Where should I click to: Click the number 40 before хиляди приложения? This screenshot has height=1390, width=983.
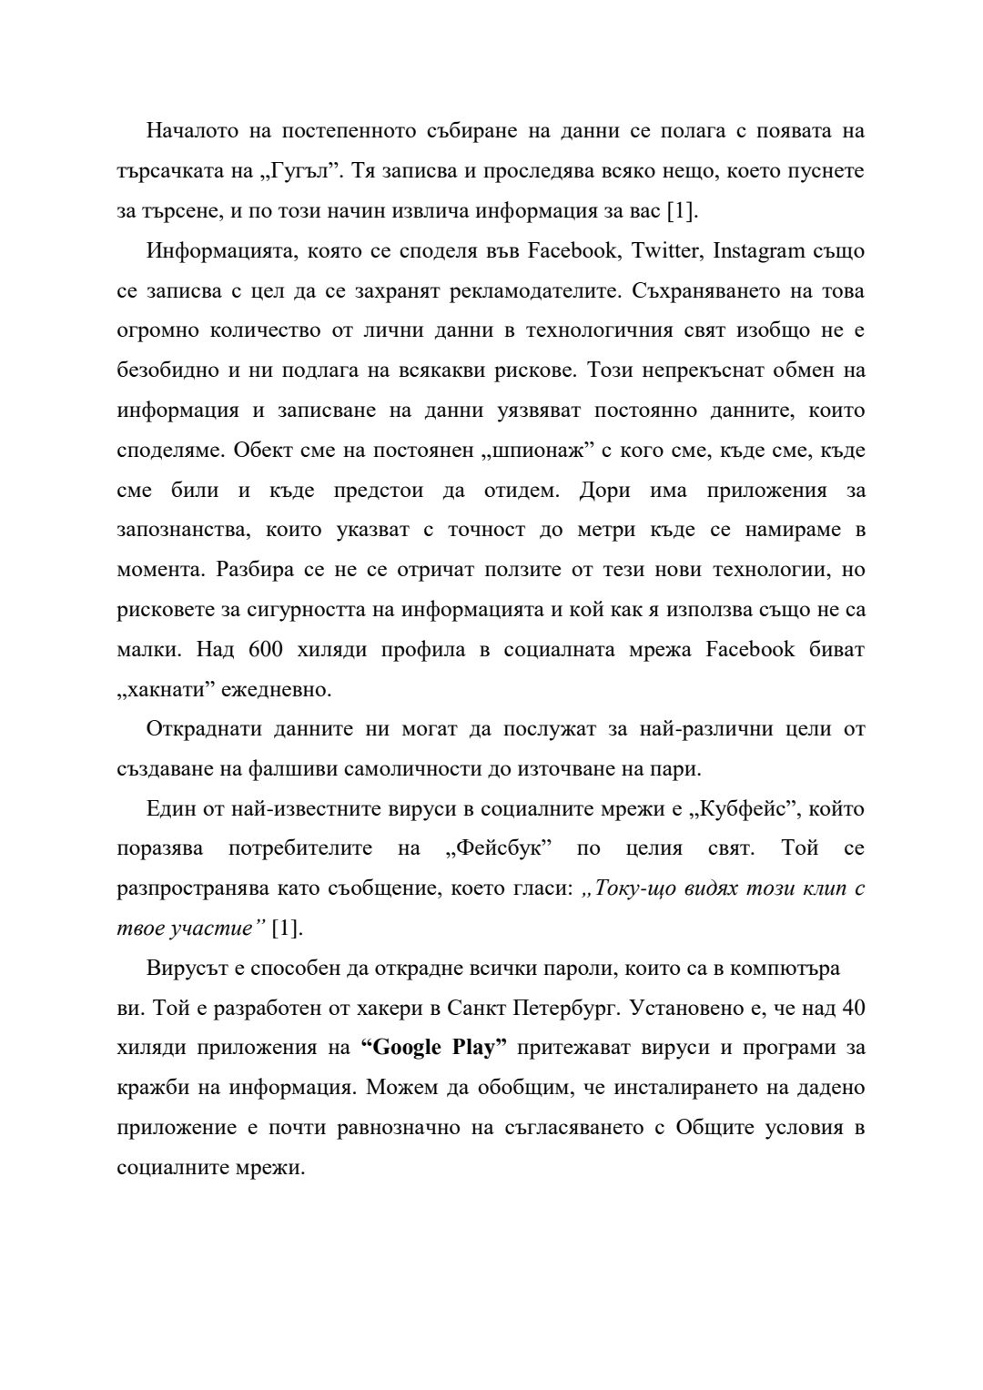[x=853, y=1009]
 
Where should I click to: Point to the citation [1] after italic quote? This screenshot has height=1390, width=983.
[x=287, y=928]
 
